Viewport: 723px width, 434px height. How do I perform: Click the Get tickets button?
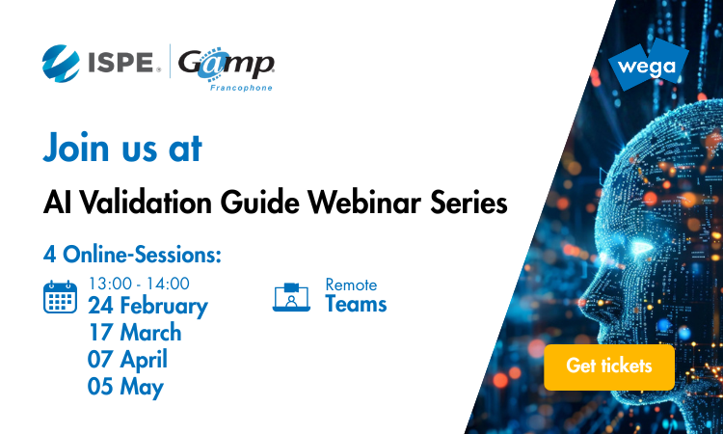pos(608,366)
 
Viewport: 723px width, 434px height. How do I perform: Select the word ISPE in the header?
pos(124,64)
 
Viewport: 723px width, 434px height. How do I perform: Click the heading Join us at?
pos(122,149)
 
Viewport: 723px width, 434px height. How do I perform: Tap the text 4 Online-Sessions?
pos(133,256)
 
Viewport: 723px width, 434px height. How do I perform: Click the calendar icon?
pos(61,296)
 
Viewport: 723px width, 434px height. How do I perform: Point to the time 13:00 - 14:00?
pos(139,284)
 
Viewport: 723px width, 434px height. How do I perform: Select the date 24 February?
pos(147,307)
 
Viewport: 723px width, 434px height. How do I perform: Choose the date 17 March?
pos(134,334)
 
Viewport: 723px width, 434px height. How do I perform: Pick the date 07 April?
pos(127,360)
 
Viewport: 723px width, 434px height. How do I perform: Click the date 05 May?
pos(125,387)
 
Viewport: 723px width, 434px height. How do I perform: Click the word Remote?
pos(351,285)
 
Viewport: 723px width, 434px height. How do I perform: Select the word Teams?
pos(356,305)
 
